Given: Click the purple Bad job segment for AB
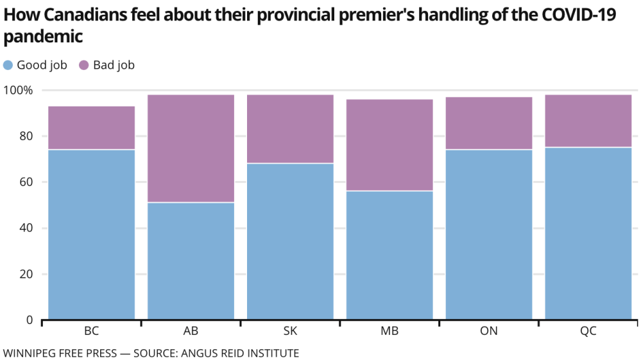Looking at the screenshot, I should click(x=191, y=148).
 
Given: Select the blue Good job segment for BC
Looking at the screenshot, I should click(x=91, y=234).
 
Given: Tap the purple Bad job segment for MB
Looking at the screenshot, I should click(x=389, y=145).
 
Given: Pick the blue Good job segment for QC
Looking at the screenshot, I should click(x=588, y=233).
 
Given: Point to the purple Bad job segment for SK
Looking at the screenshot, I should click(x=290, y=129).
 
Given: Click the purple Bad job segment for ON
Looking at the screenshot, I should click(x=489, y=123).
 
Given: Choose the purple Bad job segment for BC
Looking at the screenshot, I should click(x=91, y=128).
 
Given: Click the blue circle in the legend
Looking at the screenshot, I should click(x=8, y=65).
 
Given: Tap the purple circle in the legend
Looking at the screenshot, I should click(x=84, y=65).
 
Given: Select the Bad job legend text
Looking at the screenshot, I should click(x=114, y=65).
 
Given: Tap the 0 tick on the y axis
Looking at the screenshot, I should click(x=29, y=320).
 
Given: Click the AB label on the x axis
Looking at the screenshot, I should click(x=191, y=332).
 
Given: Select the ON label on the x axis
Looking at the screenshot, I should click(x=489, y=332).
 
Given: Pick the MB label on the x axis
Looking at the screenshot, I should click(x=389, y=332).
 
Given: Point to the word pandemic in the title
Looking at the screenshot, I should click(x=43, y=37).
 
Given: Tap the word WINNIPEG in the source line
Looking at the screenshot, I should click(x=28, y=353).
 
